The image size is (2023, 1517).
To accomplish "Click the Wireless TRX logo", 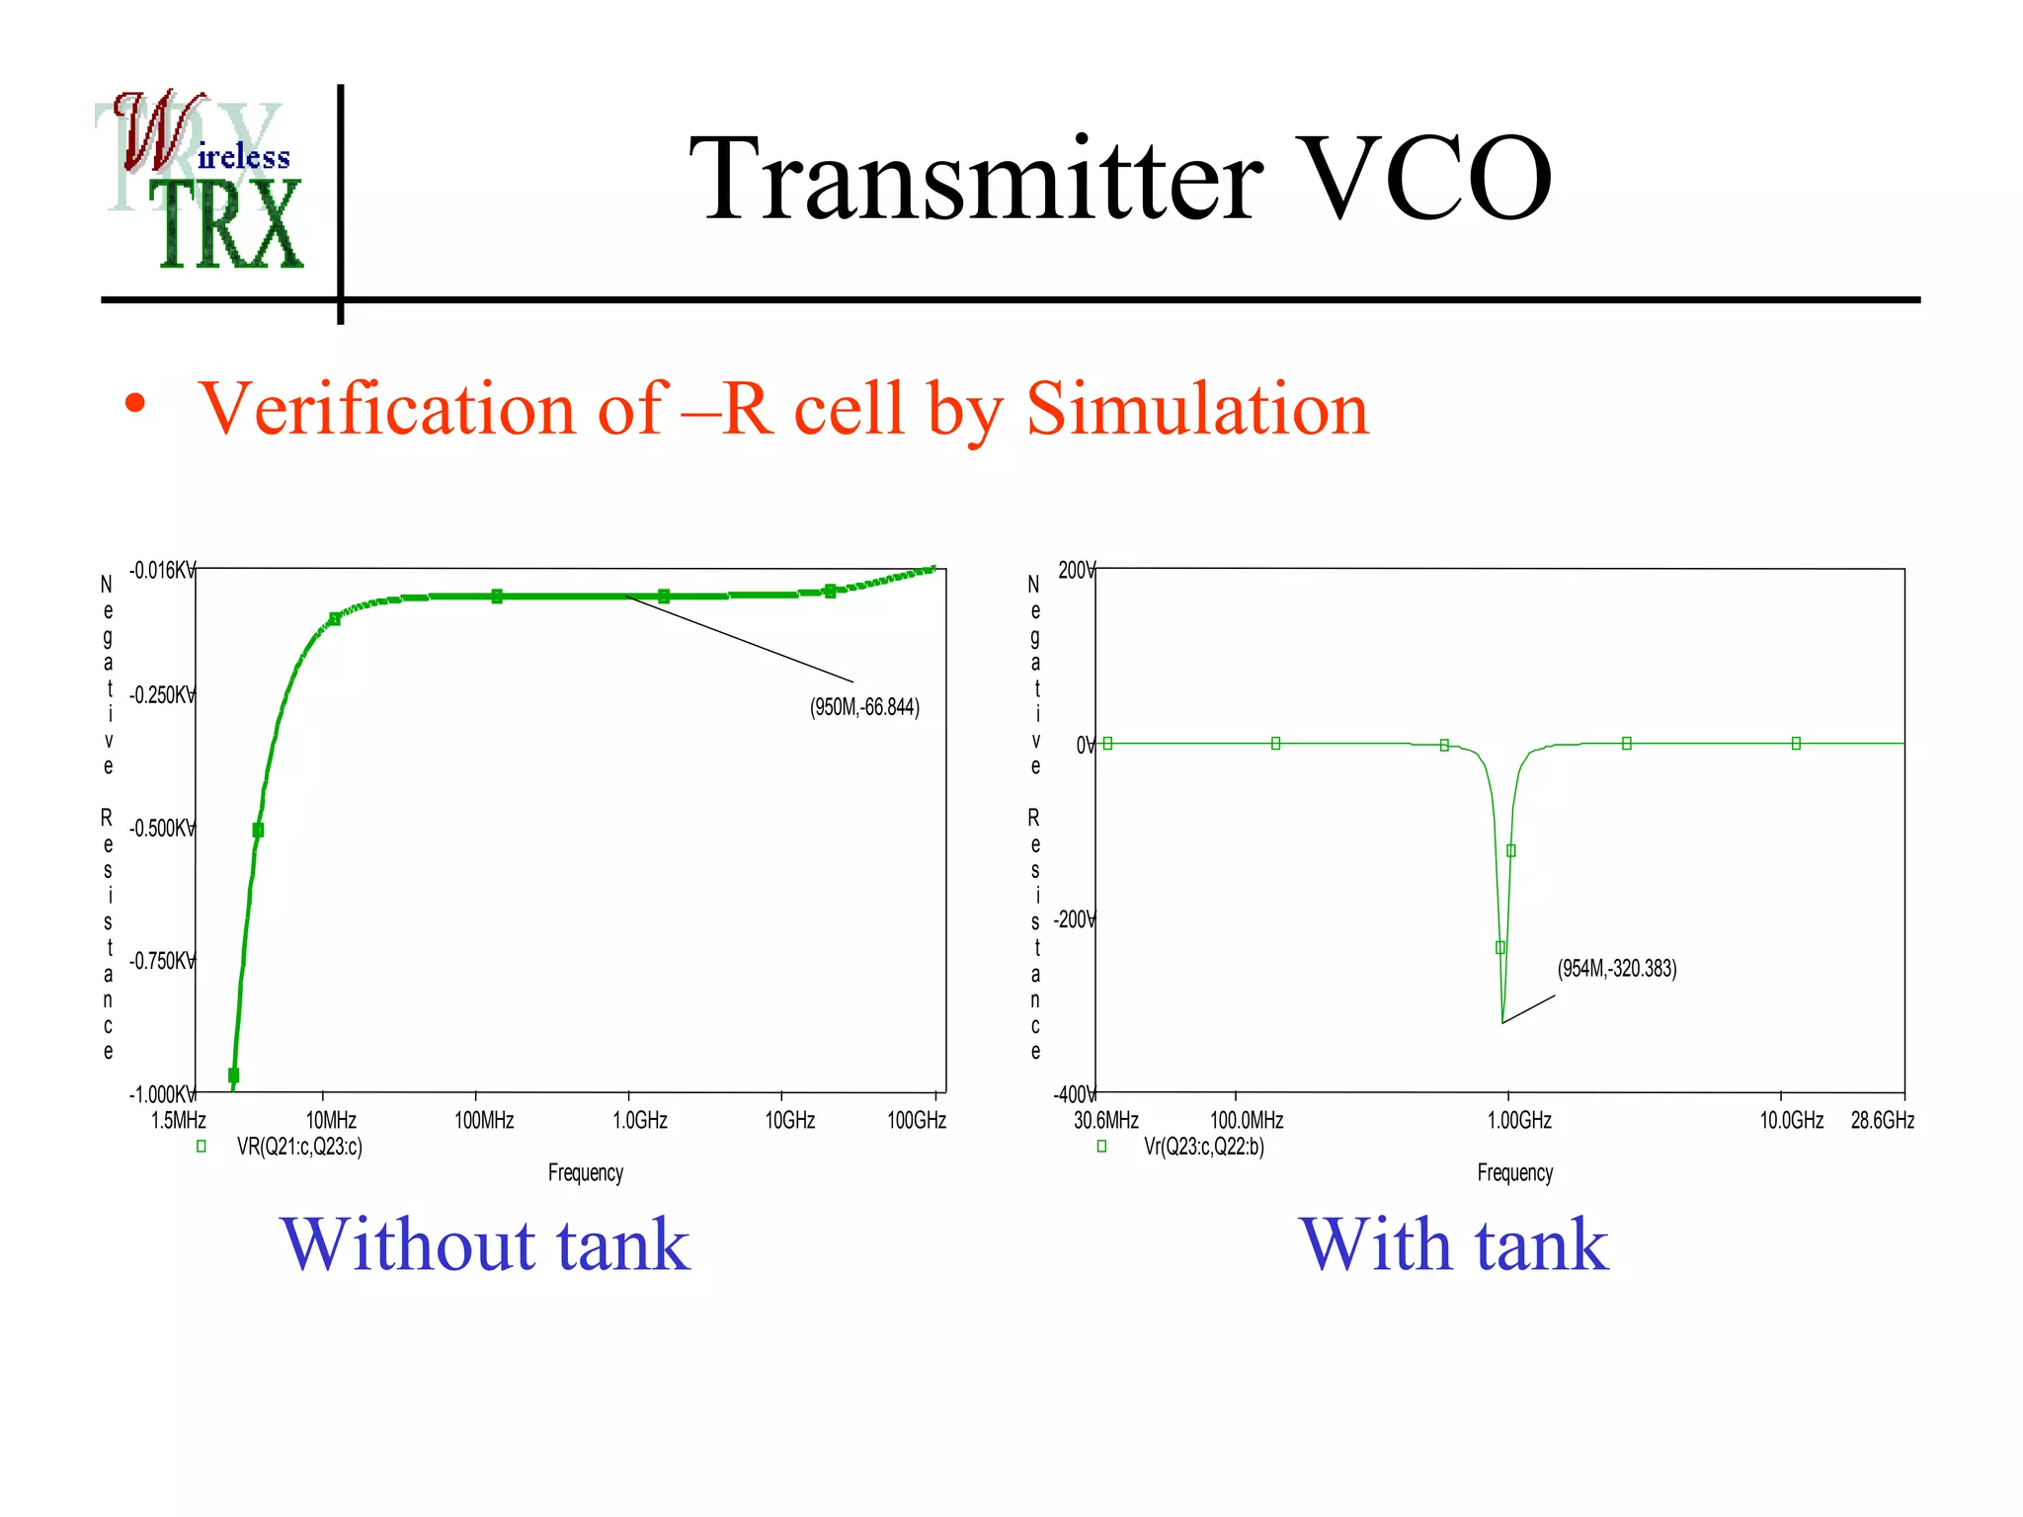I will coord(202,183).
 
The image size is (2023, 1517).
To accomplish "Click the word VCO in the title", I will coord(1426,180).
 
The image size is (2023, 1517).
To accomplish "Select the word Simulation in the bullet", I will coord(1197,408).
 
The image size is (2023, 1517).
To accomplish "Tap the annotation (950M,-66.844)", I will coord(864,707).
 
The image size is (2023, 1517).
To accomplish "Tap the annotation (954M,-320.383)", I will coord(1616,968).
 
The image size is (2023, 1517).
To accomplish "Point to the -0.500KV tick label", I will coord(161,829).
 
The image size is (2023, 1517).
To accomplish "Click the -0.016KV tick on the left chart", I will coord(161,571).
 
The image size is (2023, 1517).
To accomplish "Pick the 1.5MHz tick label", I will coord(179,1120).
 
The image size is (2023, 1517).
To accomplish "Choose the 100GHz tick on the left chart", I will coord(917,1120).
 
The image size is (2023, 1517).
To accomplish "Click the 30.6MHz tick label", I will coord(1105,1120).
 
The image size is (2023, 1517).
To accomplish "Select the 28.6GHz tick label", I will coord(1882,1120).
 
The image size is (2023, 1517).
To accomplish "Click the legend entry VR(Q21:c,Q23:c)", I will coord(299,1147).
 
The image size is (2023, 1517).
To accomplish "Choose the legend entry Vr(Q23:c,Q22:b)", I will coord(1203,1147).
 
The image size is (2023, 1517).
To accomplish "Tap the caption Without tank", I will coord(485,1244).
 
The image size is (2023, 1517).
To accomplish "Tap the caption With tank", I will coord(1453,1244).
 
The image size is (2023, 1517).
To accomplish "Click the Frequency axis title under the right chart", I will coord(1514,1172).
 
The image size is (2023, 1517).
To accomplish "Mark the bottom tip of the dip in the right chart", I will coord(1502,1022).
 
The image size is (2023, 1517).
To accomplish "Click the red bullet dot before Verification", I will coord(135,404).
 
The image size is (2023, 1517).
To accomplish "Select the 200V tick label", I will coord(1076,571).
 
